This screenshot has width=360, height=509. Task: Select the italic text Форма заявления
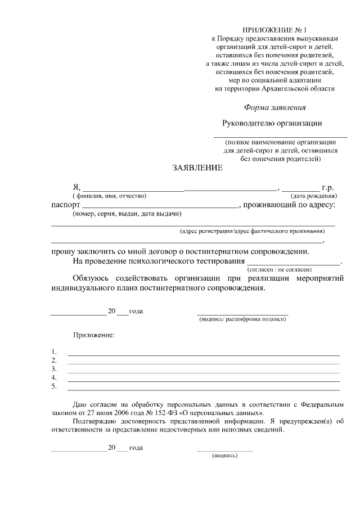(275, 107)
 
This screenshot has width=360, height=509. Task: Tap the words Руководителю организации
(272, 123)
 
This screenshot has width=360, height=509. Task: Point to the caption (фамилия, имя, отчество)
(109, 196)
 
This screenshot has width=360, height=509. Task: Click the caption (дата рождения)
(313, 196)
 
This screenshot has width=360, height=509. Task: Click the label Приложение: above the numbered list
(93, 335)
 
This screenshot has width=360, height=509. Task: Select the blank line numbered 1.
(203, 354)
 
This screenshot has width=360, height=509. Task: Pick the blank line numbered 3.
(203, 372)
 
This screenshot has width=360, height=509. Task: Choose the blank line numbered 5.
(203, 389)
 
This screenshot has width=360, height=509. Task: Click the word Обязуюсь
(92, 278)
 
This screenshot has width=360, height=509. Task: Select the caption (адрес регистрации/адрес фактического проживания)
(251, 231)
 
